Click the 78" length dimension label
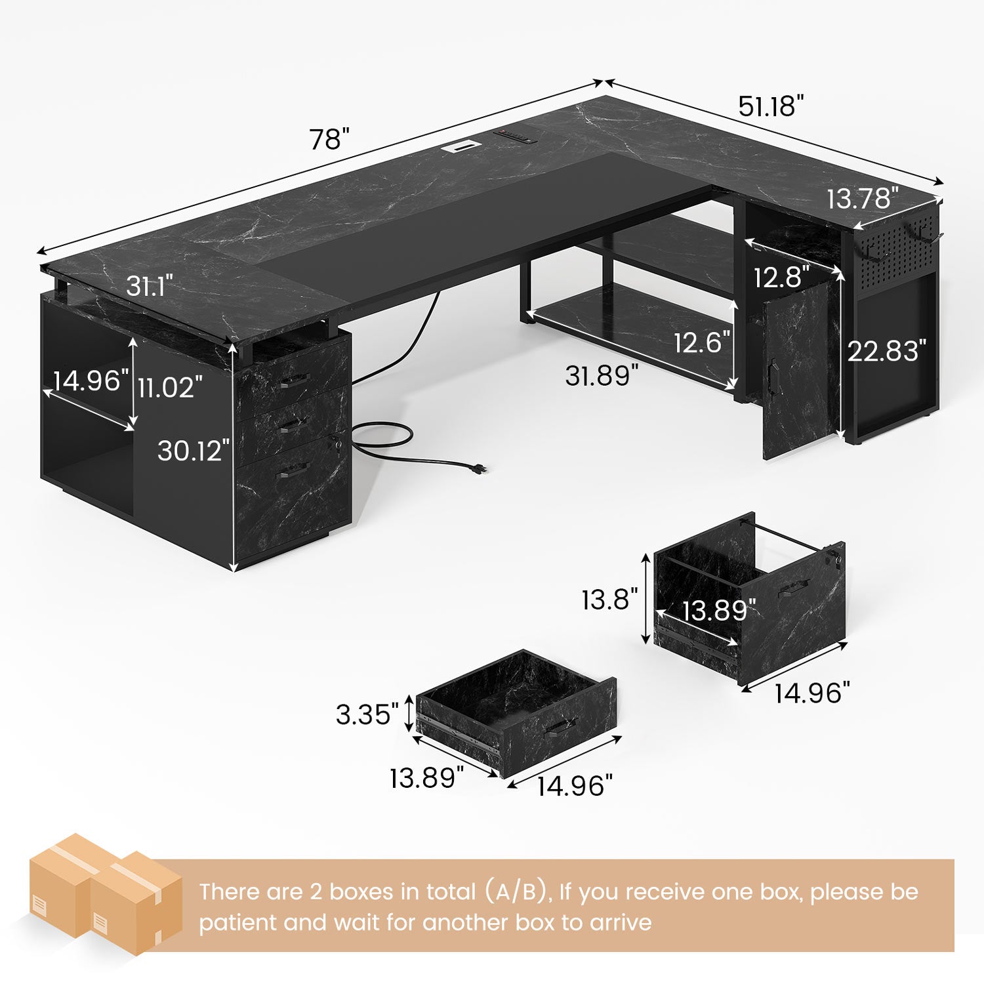click(329, 139)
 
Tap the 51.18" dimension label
click(771, 106)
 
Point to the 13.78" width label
click(862, 198)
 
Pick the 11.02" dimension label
click(170, 387)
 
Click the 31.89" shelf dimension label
click(602, 375)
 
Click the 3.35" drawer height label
click(367, 714)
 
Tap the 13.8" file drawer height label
click(609, 599)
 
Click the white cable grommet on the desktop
click(461, 147)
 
